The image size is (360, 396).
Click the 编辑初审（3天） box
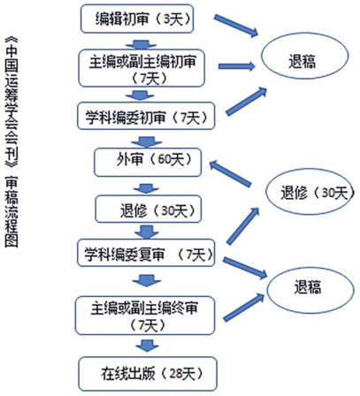pyautogui.click(x=137, y=19)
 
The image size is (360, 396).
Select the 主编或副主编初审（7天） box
pyautogui.click(x=142, y=68)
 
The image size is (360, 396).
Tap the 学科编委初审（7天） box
pyautogui.click(x=146, y=116)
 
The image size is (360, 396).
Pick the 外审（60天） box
pyautogui.click(x=148, y=163)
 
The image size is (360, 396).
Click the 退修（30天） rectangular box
pyautogui.click(x=149, y=209)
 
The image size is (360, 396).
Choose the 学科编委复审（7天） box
pyautogui.click(x=146, y=253)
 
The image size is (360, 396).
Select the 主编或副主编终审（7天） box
pyautogui.click(x=145, y=316)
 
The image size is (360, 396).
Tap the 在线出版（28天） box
pyautogui.click(x=148, y=374)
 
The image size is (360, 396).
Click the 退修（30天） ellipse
pyautogui.click(x=310, y=192)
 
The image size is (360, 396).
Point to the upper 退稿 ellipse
pyautogui.click(x=305, y=56)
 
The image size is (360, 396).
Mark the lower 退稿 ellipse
pyautogui.click(x=310, y=289)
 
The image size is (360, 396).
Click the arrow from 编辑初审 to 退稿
pyautogui.click(x=236, y=26)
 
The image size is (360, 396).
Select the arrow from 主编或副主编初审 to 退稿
pyautogui.click(x=237, y=66)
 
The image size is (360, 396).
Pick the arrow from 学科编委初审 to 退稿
pyautogui.click(x=246, y=101)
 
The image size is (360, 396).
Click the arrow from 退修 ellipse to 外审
pyautogui.click(x=230, y=173)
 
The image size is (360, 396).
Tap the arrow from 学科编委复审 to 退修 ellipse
pyautogui.click(x=242, y=225)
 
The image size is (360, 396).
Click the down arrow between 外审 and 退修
pyautogui.click(x=146, y=188)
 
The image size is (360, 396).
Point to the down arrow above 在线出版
pyautogui.click(x=147, y=346)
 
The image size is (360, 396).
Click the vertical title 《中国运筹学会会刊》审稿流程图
pyautogui.click(x=11, y=142)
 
